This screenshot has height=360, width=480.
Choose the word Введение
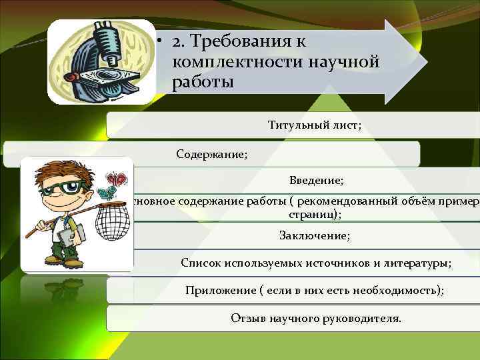tap(316, 181)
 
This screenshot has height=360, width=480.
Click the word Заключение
tap(314, 235)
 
